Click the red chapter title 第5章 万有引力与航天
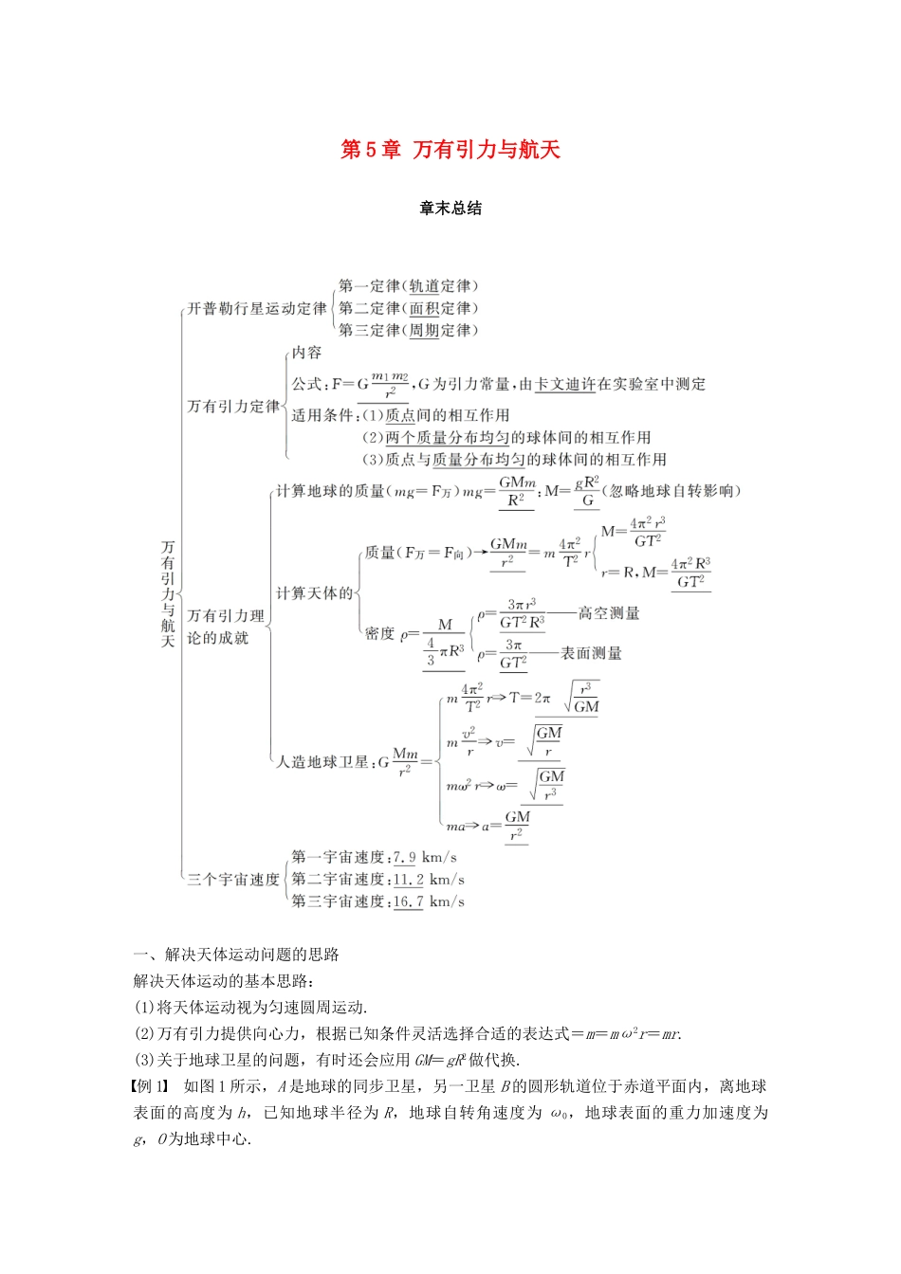(x=450, y=150)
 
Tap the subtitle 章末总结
(x=450, y=209)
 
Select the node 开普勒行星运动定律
(x=256, y=309)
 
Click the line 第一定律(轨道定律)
(x=409, y=286)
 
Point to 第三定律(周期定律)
(x=409, y=331)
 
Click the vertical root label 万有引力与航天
(x=168, y=594)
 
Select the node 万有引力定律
(x=233, y=407)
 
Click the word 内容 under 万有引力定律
(x=306, y=354)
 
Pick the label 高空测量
(x=609, y=614)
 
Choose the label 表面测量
(x=591, y=653)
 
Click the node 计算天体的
(x=314, y=593)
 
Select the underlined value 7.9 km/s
(x=405, y=858)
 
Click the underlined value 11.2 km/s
(x=409, y=880)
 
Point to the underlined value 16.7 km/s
(x=409, y=901)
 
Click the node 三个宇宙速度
(x=233, y=880)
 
